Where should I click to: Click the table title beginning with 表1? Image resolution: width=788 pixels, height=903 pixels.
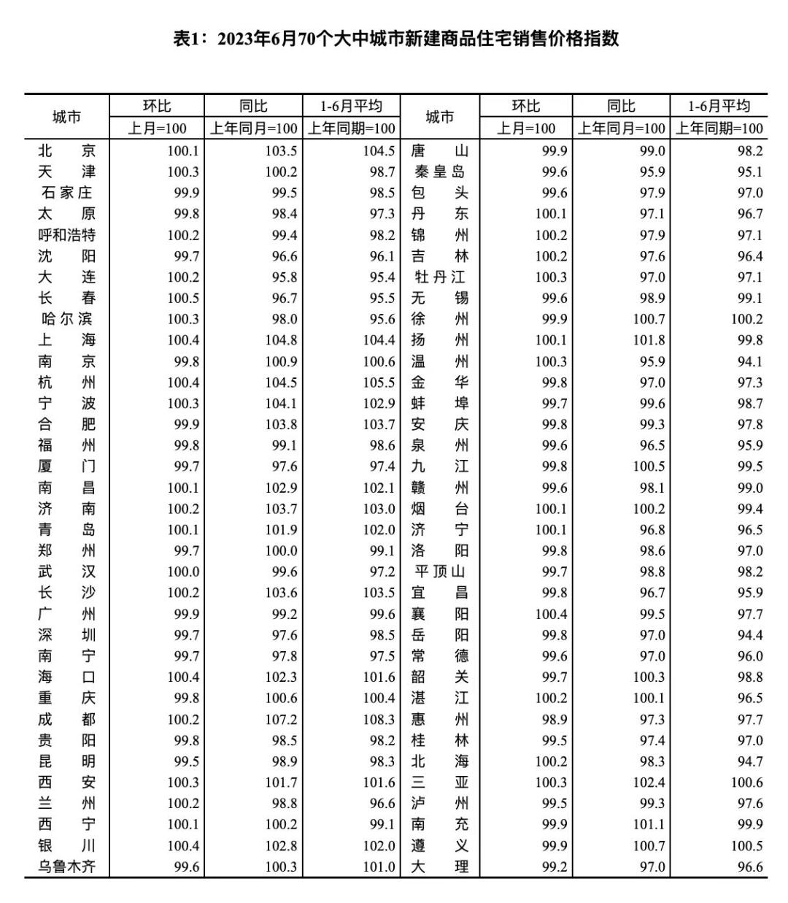point(395,39)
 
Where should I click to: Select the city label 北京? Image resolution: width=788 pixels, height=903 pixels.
point(66,151)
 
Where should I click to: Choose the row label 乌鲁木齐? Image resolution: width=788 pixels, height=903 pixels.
point(66,867)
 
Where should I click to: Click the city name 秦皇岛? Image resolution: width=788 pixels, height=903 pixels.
point(439,172)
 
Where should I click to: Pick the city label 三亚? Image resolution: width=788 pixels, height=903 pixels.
point(439,783)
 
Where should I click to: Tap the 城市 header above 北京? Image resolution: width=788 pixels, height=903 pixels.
point(66,117)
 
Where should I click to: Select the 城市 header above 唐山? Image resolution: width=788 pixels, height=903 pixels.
point(439,117)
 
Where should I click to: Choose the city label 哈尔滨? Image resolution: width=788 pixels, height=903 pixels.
point(66,320)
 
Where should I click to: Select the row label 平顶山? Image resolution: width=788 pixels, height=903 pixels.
point(439,572)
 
